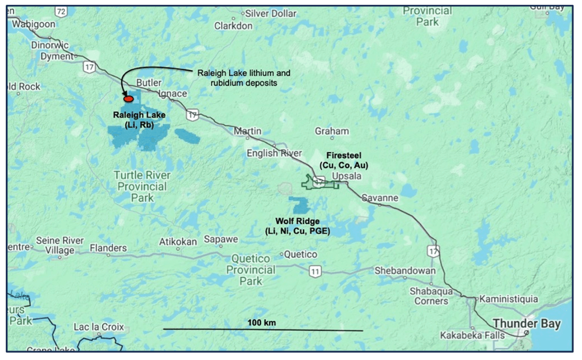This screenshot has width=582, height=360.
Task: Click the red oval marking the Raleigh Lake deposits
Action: (128, 99)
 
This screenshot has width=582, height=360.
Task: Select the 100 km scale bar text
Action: (262, 323)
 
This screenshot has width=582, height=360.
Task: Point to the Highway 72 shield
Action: (60, 11)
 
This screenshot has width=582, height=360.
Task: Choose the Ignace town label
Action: (174, 94)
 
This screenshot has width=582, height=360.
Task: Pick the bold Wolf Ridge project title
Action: (297, 221)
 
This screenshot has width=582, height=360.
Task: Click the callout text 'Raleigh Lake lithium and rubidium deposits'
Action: (242, 77)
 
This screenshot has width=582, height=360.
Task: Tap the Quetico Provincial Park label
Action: (251, 270)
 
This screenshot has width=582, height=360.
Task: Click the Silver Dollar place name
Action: (271, 13)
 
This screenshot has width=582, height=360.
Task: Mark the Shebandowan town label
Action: (404, 271)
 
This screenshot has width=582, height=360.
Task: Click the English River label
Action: (274, 154)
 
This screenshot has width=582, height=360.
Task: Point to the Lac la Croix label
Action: (99, 327)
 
